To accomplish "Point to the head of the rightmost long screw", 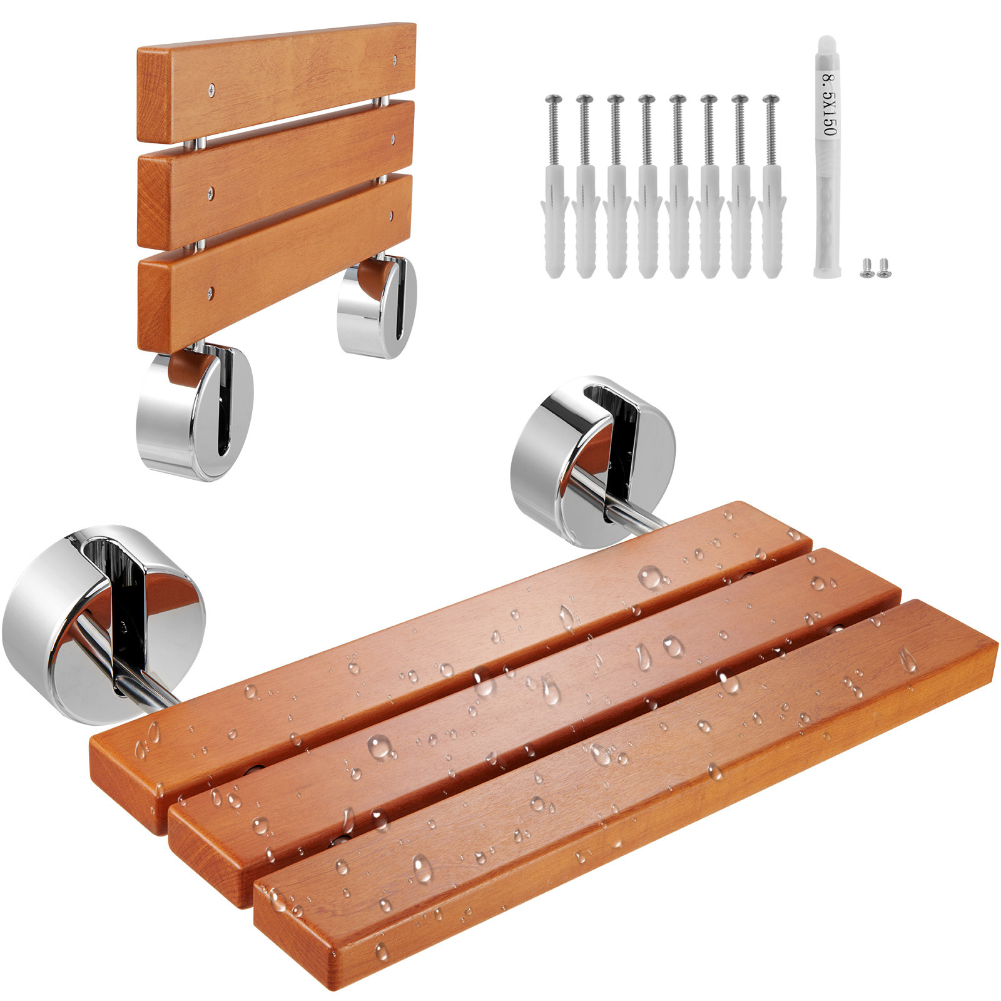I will [x=771, y=99].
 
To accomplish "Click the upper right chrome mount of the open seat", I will [x=591, y=460].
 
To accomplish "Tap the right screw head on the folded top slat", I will [x=394, y=60].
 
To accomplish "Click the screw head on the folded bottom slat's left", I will [x=211, y=290].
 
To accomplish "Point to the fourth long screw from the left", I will [x=647, y=99].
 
